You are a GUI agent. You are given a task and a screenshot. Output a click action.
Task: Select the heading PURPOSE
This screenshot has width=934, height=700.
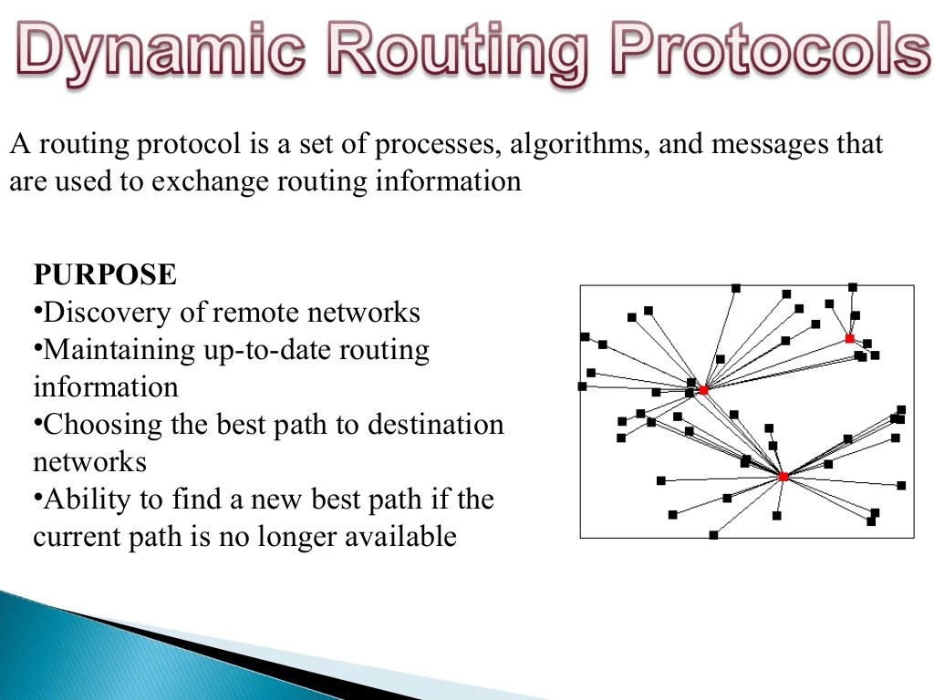tap(105, 275)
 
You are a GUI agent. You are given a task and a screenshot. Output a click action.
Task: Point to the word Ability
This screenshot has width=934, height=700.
tap(81, 499)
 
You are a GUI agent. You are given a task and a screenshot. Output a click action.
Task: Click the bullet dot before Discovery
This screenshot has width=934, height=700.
tap(38, 310)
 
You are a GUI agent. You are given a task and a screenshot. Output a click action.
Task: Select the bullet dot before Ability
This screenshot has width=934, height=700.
tap(38, 497)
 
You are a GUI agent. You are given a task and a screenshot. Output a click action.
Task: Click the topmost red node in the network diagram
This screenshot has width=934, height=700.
tap(849, 338)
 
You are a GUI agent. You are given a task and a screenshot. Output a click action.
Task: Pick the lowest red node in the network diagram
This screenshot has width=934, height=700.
tap(783, 477)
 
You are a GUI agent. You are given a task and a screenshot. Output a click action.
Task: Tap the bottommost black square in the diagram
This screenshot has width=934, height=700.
tap(713, 535)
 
